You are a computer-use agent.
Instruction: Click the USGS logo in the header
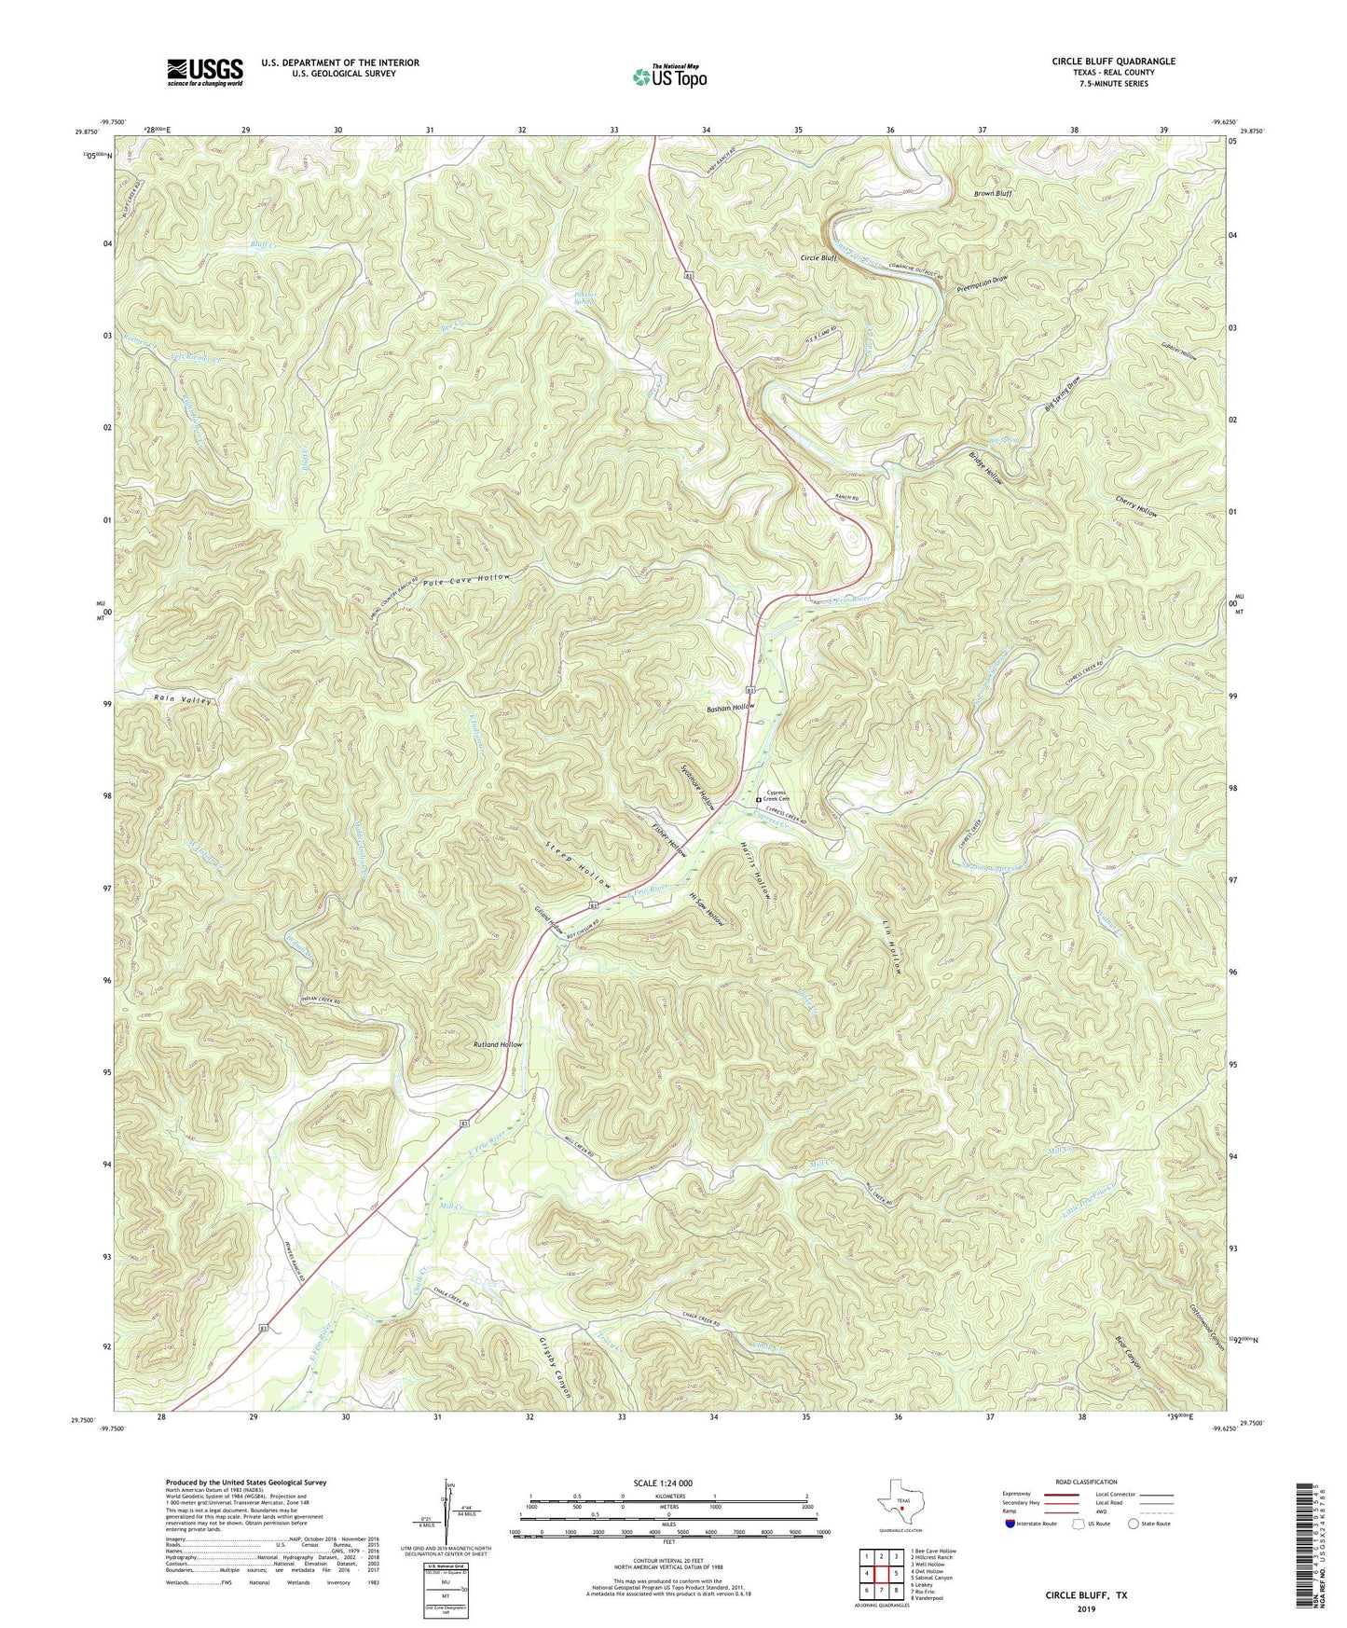tap(205, 71)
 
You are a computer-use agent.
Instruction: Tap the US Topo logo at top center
tap(669, 76)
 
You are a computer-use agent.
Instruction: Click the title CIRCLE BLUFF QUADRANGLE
tap(1113, 62)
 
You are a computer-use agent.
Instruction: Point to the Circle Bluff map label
tap(818, 258)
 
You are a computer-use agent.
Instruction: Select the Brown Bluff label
tap(993, 193)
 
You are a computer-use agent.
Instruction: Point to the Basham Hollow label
tap(730, 708)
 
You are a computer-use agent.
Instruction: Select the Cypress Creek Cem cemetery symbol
tap(758, 799)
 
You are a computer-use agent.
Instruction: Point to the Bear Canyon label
tap(1133, 1357)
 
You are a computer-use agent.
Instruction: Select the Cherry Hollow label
tap(1136, 507)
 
